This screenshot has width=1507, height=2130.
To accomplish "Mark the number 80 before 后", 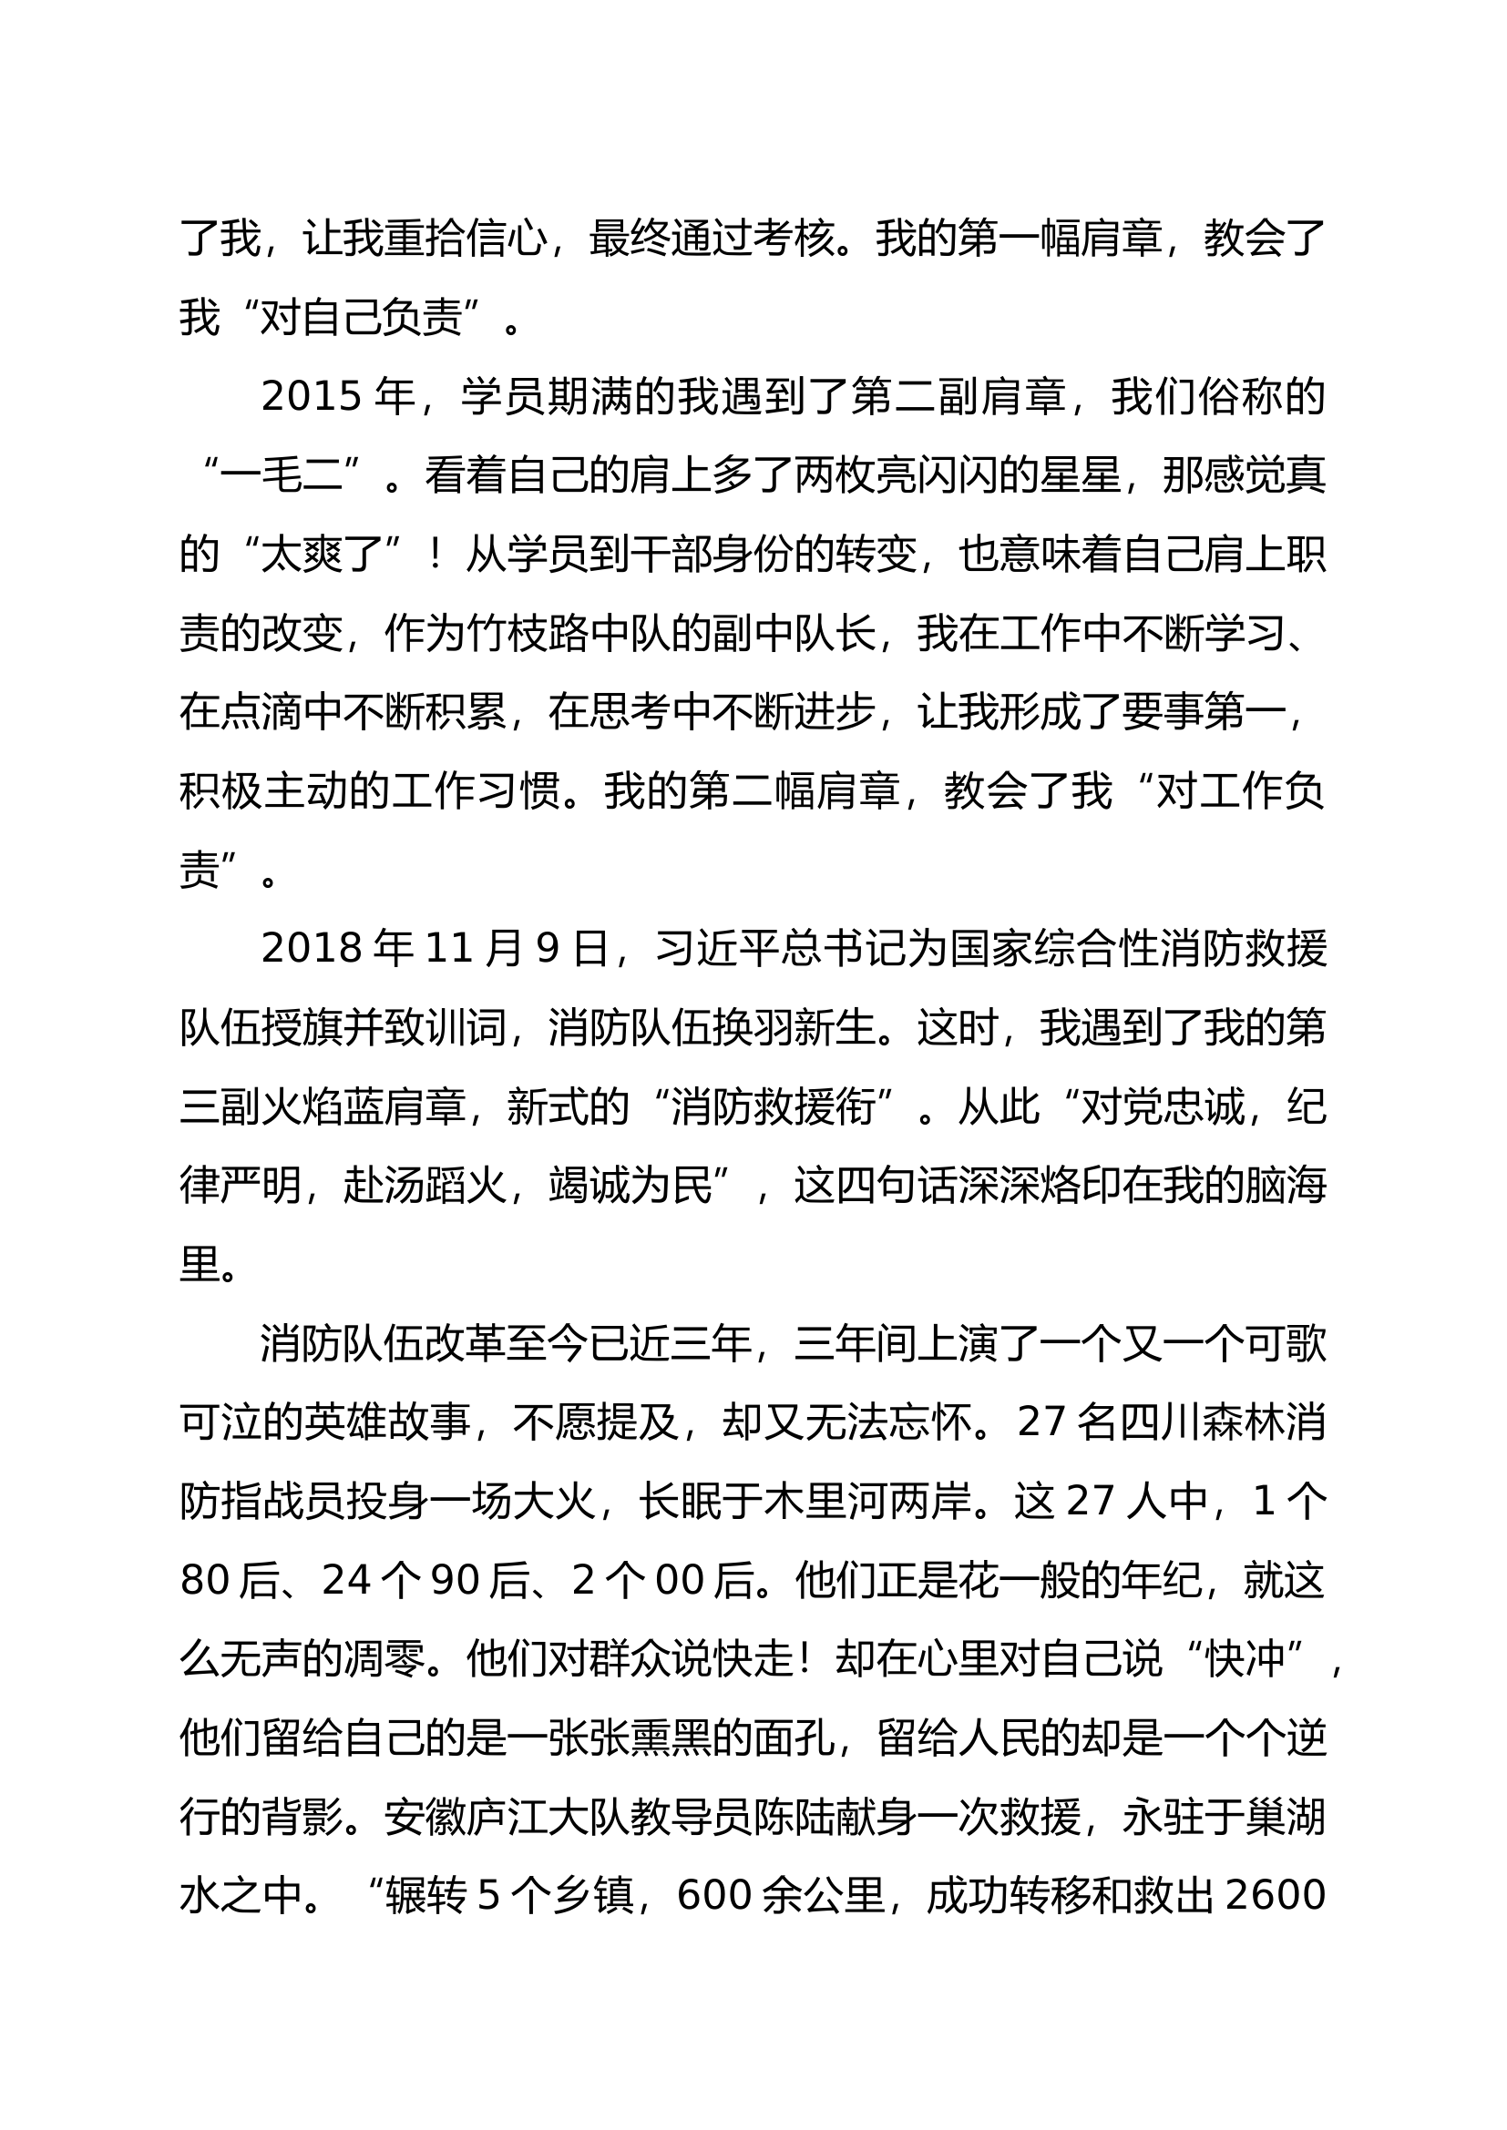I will pyautogui.click(x=205, y=1582).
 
